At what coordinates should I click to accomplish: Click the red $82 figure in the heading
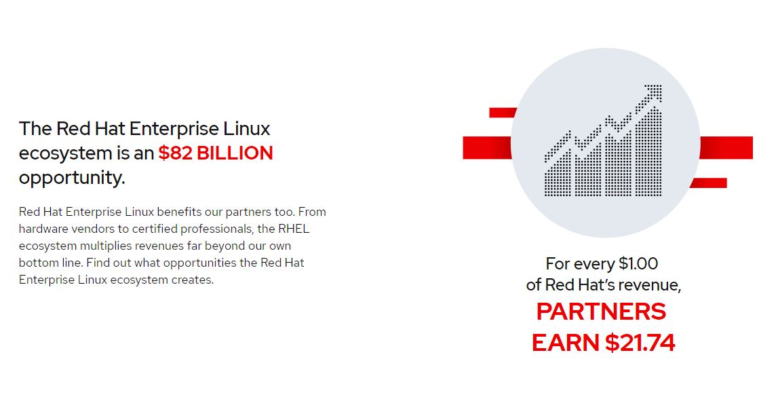175,153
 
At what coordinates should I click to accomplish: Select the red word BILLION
235,153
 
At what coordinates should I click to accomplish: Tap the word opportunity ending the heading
71,178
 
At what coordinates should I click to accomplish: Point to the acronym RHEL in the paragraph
293,229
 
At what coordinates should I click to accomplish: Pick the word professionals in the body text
216,229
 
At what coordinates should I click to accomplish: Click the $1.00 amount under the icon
638,263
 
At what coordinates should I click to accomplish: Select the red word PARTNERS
601,312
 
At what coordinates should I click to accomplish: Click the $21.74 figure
640,343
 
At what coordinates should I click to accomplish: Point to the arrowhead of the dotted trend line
654,92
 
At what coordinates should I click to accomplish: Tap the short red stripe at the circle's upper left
503,113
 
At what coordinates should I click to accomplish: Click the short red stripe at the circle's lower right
709,183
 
